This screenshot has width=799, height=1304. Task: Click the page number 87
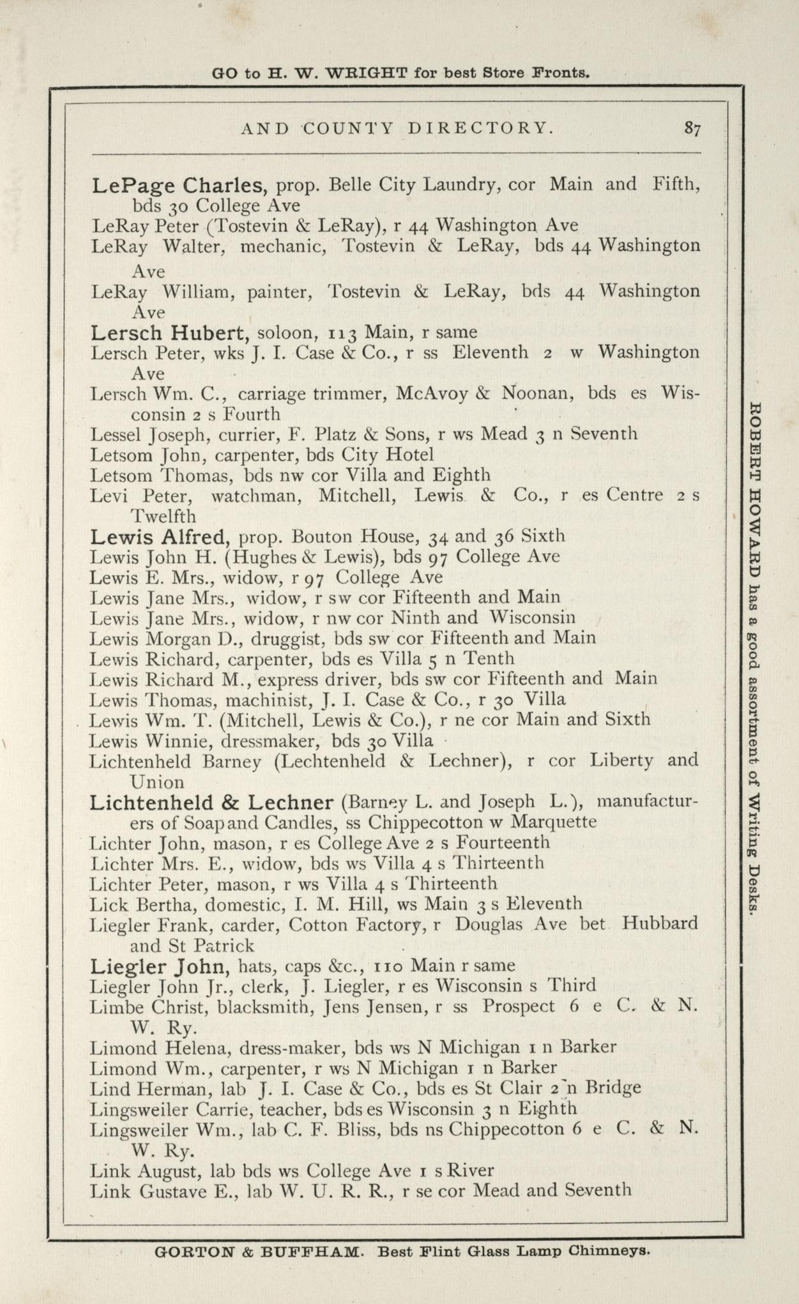[692, 128]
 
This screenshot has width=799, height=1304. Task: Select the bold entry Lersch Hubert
[169, 333]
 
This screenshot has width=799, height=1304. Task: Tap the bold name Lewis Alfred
[156, 536]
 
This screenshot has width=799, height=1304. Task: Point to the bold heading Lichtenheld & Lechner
[211, 803]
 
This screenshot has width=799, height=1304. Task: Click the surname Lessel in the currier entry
[117, 435]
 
